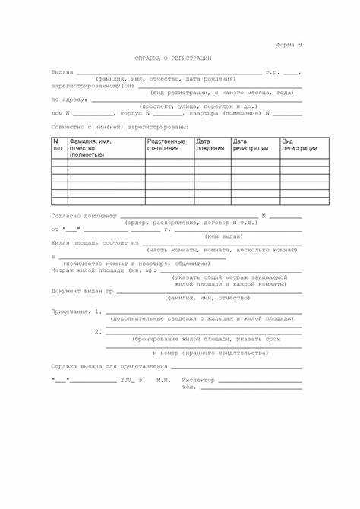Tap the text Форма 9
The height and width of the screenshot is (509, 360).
(289, 46)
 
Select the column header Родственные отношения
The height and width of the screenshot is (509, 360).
(166, 144)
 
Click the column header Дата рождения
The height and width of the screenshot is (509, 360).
(210, 144)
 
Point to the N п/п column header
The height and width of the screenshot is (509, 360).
(58, 144)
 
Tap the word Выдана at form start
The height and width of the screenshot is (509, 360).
(62, 72)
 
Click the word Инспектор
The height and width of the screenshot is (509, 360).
(198, 379)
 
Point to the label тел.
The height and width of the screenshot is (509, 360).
(189, 386)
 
